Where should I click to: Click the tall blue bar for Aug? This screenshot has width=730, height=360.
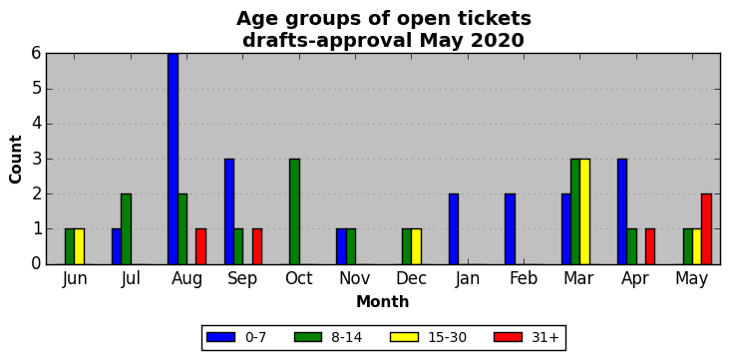point(173,159)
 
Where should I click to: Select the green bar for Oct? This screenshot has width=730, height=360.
point(294,211)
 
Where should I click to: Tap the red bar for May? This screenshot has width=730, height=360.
point(706,229)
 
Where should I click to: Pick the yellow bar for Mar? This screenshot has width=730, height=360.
point(584,211)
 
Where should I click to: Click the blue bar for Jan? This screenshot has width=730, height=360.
point(454,229)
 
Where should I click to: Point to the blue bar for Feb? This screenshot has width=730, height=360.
point(510,229)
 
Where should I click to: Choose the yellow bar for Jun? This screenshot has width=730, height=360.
point(79,247)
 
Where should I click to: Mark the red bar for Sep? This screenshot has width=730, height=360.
point(257,247)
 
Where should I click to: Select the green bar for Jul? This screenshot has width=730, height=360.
point(127,229)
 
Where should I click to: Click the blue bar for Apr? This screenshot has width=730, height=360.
point(622,211)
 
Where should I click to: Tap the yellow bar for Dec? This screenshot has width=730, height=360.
point(416,247)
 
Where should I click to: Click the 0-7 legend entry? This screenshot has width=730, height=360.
point(236,338)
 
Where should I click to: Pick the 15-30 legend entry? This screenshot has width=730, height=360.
point(433,338)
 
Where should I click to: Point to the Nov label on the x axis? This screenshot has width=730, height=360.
point(355,278)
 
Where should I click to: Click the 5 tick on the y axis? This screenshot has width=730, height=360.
point(37,89)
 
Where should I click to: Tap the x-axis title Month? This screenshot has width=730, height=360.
point(383,302)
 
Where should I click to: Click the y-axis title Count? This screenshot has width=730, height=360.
point(15,160)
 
